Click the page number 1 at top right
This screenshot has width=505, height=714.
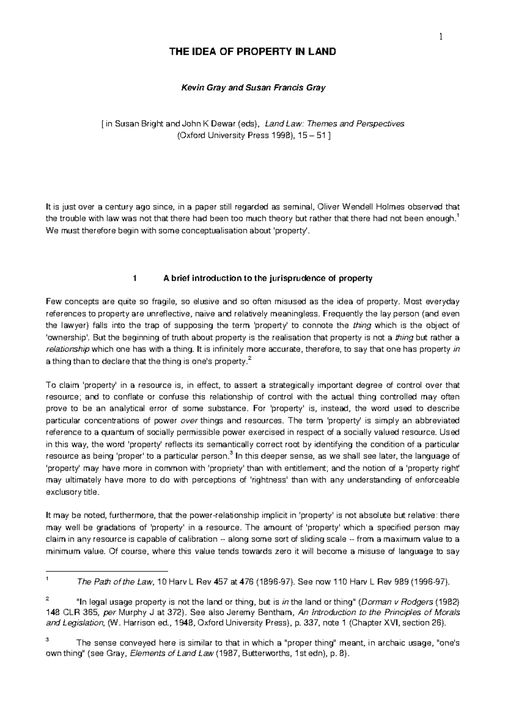click(x=441, y=37)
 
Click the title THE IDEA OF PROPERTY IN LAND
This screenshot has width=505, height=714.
click(x=252, y=52)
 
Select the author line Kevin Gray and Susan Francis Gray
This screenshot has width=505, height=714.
click(x=252, y=88)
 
